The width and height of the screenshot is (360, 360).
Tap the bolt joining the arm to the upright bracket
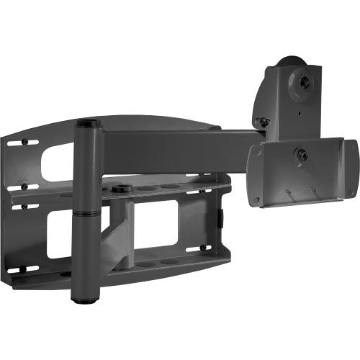(265, 122)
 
